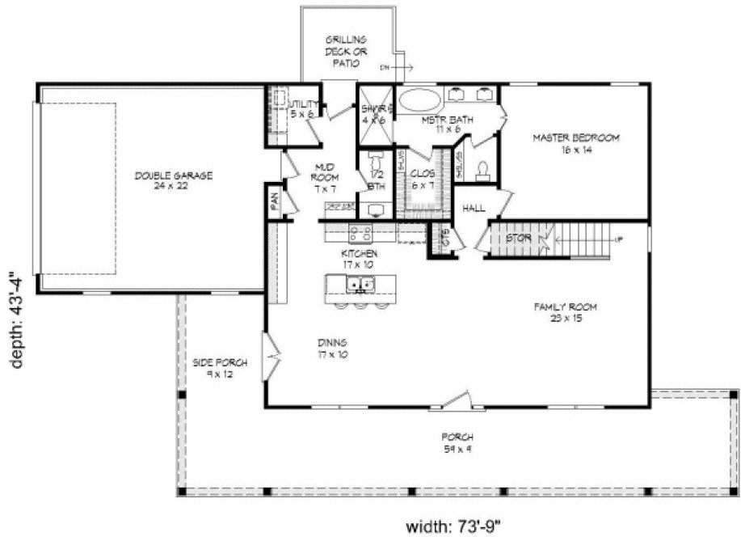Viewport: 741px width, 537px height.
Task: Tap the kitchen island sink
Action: point(360,284)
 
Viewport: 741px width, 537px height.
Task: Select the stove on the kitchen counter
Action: point(360,235)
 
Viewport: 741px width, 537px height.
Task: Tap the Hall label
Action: point(474,209)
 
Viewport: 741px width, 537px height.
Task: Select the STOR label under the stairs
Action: point(517,239)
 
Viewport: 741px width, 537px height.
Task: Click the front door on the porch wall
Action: point(458,400)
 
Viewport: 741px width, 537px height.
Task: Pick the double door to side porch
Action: point(272,354)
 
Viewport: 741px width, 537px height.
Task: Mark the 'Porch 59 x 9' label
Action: point(457,442)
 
